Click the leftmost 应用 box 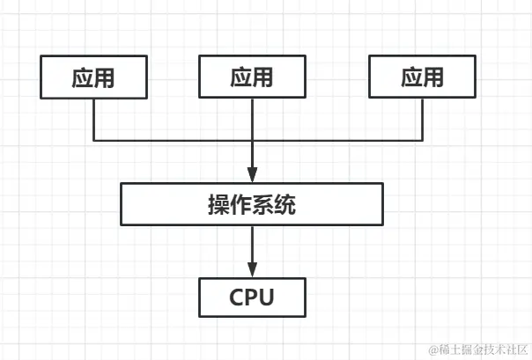[93, 77]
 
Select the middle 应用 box [252, 77]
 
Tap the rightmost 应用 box [422, 77]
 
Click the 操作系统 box [252, 205]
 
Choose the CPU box [252, 297]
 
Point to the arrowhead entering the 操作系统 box [252, 176]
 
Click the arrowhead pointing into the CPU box [252, 269]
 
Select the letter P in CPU [252, 298]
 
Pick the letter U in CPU [267, 298]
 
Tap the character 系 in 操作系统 [263, 206]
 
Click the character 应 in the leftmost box [83, 77]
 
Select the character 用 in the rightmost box [433, 77]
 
